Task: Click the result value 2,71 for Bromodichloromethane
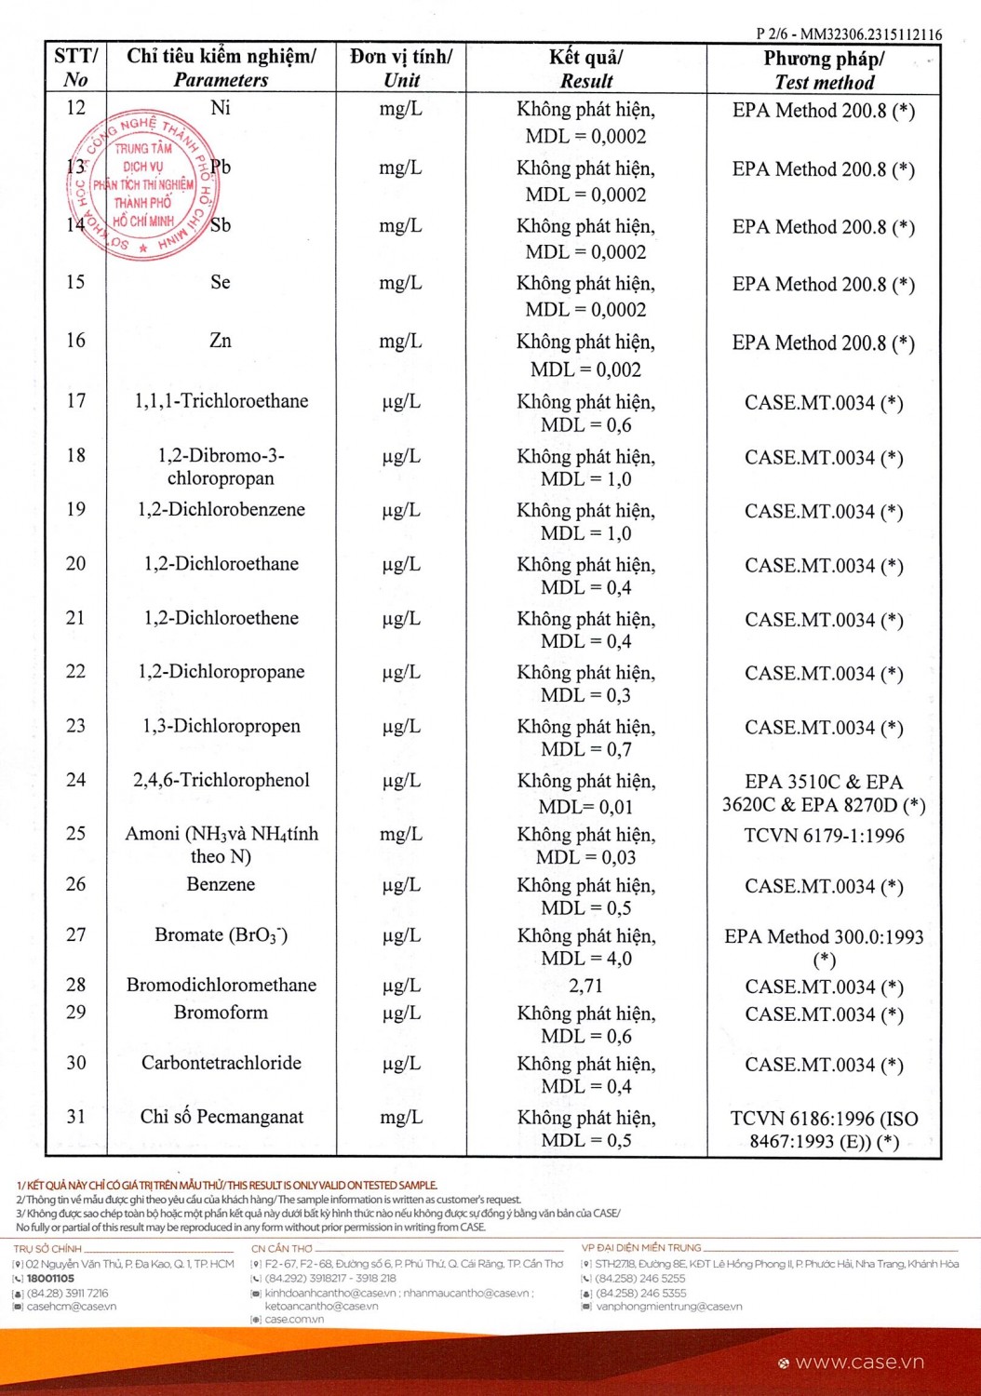click(585, 986)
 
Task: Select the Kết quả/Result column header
click(585, 68)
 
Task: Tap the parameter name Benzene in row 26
click(221, 884)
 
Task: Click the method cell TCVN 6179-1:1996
click(824, 836)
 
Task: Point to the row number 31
click(76, 1117)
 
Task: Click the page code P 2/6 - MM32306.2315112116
click(848, 34)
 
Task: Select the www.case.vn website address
click(859, 1362)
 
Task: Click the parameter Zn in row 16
click(221, 341)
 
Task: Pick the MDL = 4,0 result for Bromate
click(585, 959)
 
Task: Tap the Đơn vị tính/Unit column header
click(401, 68)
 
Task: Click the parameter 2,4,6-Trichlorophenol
click(221, 780)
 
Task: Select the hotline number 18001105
click(50, 1279)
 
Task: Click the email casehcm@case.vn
click(72, 1307)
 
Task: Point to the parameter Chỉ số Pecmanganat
click(222, 1117)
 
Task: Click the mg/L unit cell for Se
click(400, 283)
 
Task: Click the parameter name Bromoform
click(221, 1013)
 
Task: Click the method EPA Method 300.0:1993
click(824, 937)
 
